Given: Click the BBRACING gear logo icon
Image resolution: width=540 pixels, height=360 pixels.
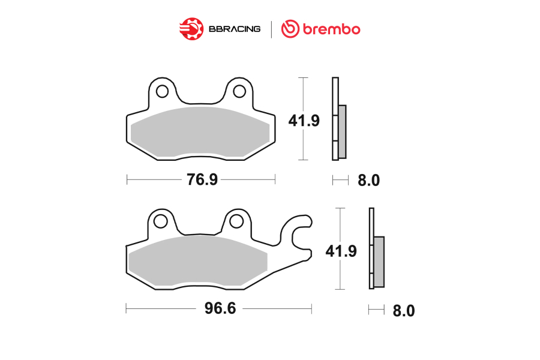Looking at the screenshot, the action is click(x=191, y=29).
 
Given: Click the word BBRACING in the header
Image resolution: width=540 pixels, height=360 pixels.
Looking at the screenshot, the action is click(x=235, y=29).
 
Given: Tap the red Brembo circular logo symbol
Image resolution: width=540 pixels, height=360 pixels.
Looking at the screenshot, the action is click(x=290, y=29).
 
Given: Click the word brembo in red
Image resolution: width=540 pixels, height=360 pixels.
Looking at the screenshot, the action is click(x=331, y=29).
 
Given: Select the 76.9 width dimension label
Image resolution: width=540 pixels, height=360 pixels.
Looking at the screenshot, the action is click(x=202, y=179).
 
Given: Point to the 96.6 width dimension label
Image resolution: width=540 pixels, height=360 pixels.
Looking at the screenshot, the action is click(x=220, y=308).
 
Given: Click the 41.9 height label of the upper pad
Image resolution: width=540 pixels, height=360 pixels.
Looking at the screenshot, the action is click(x=304, y=121).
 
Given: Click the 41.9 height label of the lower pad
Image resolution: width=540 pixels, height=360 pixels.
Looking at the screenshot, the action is click(x=341, y=251).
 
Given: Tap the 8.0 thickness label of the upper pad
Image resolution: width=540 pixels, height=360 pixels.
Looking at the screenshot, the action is click(x=368, y=180).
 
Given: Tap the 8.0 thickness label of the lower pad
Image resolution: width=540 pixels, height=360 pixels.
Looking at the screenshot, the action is click(x=404, y=311).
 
